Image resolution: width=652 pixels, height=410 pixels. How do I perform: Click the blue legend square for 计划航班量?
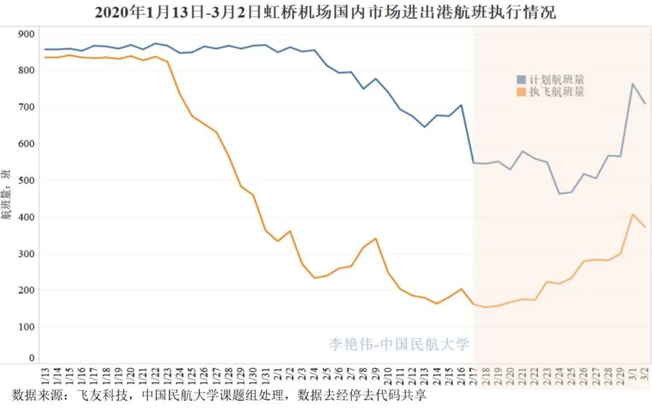[521, 80]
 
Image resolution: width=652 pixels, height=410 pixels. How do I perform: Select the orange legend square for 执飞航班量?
[521, 92]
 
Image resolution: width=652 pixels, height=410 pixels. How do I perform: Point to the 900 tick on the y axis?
[27, 34]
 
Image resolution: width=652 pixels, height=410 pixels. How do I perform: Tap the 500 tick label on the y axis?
[27, 181]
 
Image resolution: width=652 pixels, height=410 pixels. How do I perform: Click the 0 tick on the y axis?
[32, 358]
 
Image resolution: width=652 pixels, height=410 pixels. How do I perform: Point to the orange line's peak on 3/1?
[633, 214]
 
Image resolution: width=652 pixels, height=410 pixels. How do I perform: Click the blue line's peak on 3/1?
[633, 84]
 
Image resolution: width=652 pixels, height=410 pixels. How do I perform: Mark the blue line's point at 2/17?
[473, 163]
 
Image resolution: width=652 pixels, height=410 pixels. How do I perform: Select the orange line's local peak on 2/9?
[376, 238]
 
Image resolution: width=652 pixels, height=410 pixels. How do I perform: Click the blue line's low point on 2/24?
[559, 194]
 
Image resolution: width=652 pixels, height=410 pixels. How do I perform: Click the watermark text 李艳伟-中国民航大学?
[399, 344]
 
